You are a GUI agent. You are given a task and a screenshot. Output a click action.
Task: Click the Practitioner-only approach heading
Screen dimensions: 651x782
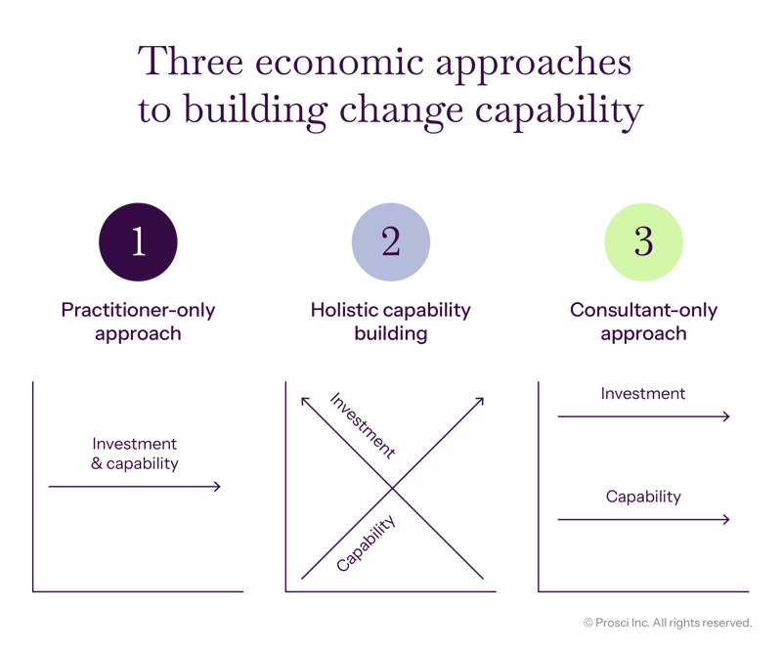[x=139, y=322]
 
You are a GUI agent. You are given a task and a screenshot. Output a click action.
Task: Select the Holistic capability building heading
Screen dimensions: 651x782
[x=391, y=322]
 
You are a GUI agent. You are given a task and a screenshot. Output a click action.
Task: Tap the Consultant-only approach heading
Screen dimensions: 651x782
[x=643, y=322]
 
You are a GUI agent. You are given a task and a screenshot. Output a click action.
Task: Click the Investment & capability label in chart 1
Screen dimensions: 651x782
[x=135, y=454]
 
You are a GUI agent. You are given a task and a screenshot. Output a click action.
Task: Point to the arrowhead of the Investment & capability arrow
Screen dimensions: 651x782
[x=217, y=487]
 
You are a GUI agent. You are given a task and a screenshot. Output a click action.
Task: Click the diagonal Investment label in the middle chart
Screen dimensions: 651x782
[x=363, y=425]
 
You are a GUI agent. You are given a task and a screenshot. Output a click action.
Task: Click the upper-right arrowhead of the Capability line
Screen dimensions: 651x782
[x=481, y=400]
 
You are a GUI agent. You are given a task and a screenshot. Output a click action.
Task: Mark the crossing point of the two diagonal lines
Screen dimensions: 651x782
[x=391, y=488]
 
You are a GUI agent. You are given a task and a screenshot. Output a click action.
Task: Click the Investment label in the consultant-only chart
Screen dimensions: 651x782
[x=643, y=394]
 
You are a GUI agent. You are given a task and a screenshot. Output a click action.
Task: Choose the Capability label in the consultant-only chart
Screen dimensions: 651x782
[x=643, y=497]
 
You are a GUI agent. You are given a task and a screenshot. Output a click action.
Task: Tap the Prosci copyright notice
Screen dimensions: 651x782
[x=667, y=622]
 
